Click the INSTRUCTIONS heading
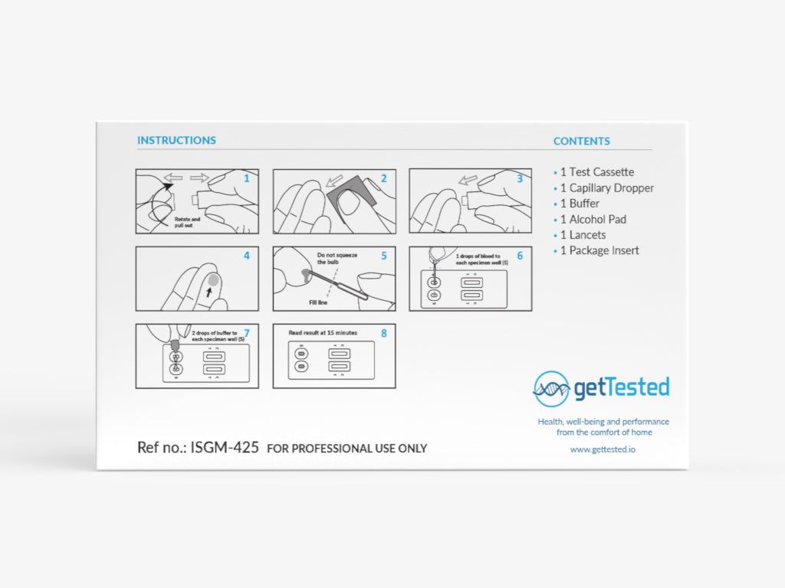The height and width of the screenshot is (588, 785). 176,140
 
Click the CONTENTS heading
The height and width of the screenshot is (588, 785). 582,141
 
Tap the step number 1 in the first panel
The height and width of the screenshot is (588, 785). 247,178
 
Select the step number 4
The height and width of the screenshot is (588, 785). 247,256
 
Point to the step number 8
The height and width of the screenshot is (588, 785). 384,333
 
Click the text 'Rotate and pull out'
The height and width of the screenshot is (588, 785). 187,222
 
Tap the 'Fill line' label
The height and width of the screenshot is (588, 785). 319,302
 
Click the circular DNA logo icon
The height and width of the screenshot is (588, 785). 551,388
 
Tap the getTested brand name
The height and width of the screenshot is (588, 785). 622,387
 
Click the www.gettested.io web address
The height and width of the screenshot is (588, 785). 603,449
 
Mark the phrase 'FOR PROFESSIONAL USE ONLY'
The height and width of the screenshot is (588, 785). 347,449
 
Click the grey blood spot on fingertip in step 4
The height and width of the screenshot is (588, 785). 214,281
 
